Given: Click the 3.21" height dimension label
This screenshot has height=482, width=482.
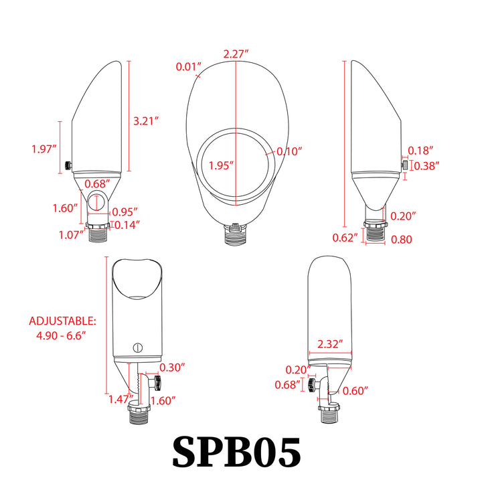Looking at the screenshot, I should click(145, 121).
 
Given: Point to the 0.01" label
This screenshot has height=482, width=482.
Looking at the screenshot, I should click(189, 66).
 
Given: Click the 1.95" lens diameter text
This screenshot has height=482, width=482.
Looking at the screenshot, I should click(221, 165).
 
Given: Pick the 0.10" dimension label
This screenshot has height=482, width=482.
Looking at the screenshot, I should click(290, 151).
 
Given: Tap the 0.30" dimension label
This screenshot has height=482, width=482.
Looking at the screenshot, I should click(173, 367).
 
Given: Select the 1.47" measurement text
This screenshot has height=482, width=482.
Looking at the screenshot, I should click(120, 400).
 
